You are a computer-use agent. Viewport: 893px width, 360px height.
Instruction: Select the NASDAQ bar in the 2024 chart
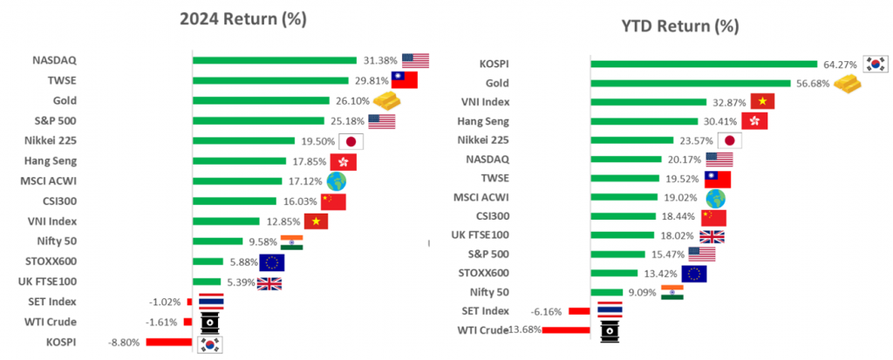click(x=275, y=60)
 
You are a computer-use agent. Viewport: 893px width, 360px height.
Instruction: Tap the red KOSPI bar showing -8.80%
click(x=169, y=342)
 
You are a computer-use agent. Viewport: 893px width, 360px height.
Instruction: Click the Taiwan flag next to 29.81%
click(x=404, y=80)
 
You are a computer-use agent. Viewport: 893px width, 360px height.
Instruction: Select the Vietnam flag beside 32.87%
click(x=762, y=102)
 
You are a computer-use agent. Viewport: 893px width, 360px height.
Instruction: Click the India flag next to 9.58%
click(x=291, y=241)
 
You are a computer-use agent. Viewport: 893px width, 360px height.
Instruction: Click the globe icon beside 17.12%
click(x=335, y=181)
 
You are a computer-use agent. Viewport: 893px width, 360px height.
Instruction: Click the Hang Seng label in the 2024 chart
click(x=52, y=161)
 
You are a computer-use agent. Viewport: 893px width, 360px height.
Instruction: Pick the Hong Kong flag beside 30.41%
click(x=754, y=121)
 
